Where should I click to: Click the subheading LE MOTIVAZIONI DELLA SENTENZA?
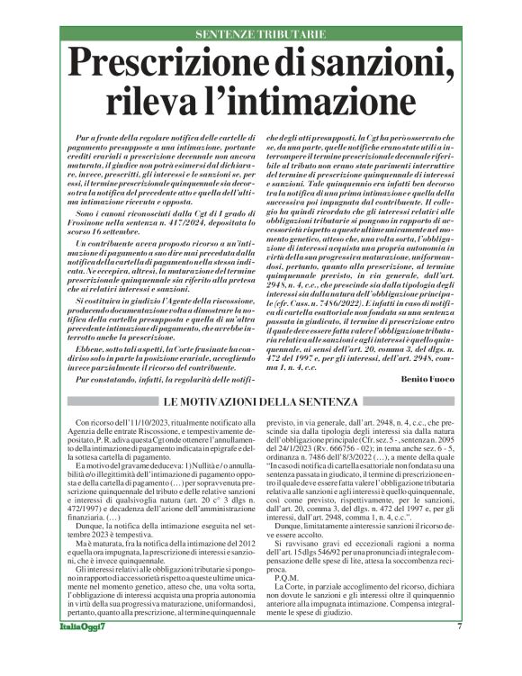[x=260, y=350]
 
